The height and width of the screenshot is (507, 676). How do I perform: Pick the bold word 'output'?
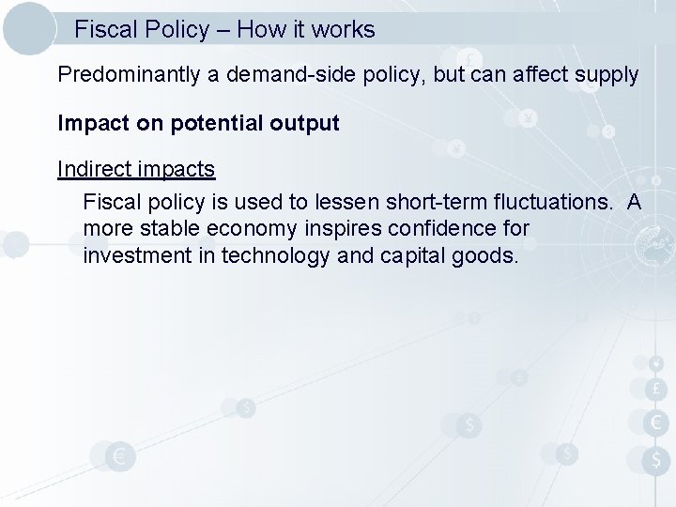(304, 123)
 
